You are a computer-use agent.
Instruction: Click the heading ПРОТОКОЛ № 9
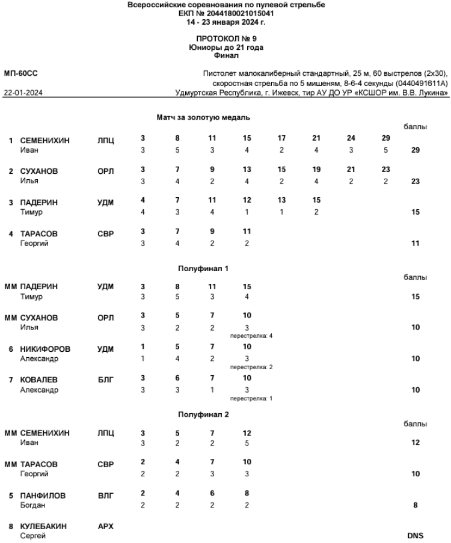(x=226, y=39)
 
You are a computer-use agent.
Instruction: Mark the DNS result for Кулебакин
(x=416, y=535)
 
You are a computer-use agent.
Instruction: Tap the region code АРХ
(x=105, y=526)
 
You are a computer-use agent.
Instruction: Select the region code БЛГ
(x=105, y=380)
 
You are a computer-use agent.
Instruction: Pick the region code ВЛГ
(x=105, y=495)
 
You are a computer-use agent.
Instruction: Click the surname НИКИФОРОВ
(x=46, y=349)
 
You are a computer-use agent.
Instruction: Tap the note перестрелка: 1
(x=247, y=398)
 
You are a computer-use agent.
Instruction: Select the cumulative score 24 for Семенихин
(x=351, y=138)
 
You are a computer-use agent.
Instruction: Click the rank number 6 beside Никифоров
(x=11, y=349)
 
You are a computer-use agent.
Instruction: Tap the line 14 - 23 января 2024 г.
(x=226, y=22)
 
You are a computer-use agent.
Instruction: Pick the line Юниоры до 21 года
(x=226, y=47)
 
